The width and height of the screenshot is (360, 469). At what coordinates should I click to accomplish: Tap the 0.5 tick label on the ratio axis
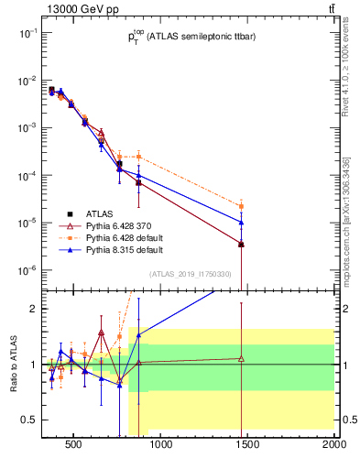pyautogui.click(x=29, y=420)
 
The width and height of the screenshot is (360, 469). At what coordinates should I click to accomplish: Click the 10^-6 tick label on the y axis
pyautogui.click(x=27, y=270)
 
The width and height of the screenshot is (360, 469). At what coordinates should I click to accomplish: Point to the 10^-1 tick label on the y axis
pyautogui.click(x=27, y=33)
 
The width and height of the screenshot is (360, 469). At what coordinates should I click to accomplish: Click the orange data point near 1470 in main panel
pyautogui.click(x=241, y=206)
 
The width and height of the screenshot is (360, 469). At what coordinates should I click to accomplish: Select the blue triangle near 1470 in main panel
pyautogui.click(x=241, y=222)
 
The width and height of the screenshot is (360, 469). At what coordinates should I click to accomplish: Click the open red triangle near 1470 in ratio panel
pyautogui.click(x=241, y=358)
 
